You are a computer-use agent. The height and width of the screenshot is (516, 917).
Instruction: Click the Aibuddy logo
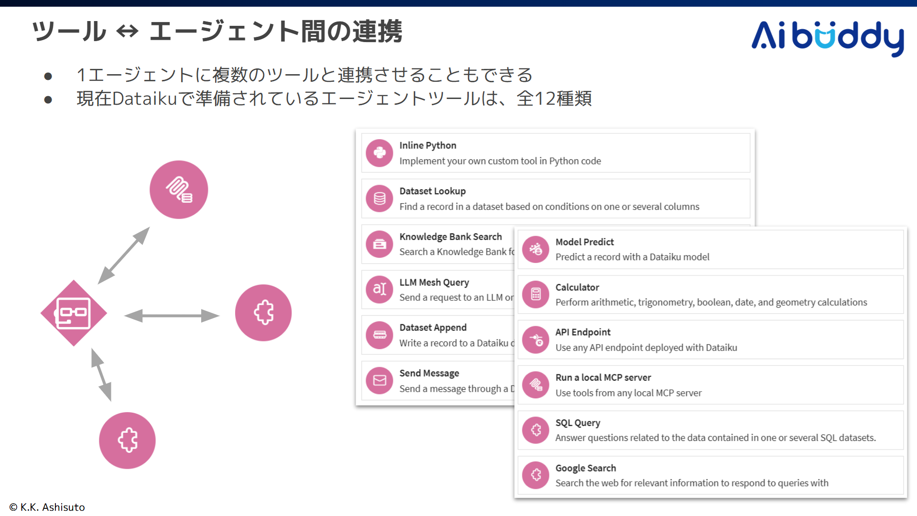point(827,37)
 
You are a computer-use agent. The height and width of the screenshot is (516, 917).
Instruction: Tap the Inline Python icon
point(379,153)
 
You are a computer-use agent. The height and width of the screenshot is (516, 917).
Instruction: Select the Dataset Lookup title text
point(432,191)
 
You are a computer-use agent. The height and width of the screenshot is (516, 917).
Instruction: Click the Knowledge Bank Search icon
point(379,244)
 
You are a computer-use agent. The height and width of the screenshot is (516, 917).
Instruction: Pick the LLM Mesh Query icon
point(379,289)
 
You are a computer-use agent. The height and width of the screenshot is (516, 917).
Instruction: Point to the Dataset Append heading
point(432,328)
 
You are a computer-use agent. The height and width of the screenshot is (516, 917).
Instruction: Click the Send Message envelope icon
point(379,381)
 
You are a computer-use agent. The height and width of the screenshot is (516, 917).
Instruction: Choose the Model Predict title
point(584,242)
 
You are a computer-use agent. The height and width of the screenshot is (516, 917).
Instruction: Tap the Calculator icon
point(536,294)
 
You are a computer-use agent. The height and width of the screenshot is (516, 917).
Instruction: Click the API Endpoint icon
point(536,340)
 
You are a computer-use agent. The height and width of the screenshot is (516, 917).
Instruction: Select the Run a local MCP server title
point(603,378)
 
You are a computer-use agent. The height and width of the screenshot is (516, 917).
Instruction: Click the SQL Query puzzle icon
point(536,430)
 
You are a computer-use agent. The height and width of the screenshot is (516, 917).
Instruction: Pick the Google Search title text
point(585,468)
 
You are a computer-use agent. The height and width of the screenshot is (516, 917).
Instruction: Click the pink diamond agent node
point(74,313)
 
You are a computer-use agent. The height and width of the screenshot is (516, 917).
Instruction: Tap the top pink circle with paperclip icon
point(179,190)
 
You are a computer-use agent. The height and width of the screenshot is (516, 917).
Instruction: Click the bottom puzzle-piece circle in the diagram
point(127,440)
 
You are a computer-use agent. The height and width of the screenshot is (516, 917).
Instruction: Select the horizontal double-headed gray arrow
point(172,316)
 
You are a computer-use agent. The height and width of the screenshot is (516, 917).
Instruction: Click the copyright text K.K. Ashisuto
point(47,507)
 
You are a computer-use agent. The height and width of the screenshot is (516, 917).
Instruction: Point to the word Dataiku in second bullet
point(145,99)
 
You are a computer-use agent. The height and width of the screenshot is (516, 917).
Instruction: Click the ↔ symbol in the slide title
point(127,32)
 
